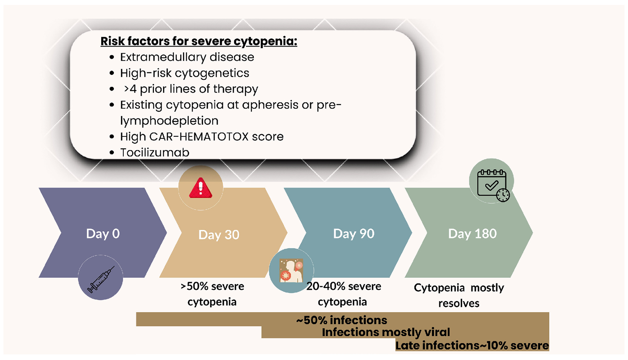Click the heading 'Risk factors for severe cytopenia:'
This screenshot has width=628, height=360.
pos(199,41)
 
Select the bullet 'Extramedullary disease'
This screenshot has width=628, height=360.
pos(187,57)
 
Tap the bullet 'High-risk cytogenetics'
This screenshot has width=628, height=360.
pos(185,73)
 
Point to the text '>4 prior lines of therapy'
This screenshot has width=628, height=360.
pos(191,89)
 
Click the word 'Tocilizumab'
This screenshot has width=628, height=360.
pos(155,152)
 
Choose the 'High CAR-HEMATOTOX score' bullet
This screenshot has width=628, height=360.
pos(202,137)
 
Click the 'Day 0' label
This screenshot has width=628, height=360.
pos(103,234)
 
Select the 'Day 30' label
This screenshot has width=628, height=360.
pos(219,235)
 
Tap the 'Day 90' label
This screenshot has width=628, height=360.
pos(354,234)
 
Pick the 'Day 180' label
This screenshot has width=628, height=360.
pos(473,234)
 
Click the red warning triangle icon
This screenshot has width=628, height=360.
pos(201,188)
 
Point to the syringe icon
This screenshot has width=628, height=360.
pos(101,279)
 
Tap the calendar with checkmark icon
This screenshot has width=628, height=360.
pos(493,185)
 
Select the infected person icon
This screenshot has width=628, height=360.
pos(291,271)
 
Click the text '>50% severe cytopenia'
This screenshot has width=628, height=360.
pos(212,294)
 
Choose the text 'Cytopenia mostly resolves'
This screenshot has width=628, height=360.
pos(459,295)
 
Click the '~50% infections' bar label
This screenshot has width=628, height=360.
pos(342,320)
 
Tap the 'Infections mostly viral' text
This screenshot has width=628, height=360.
pos(386,332)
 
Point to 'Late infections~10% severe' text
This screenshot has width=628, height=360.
pos(472,345)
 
